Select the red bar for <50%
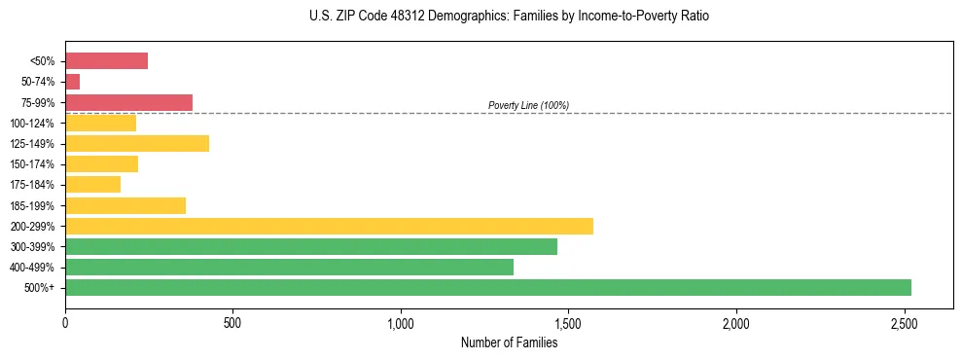pyautogui.click(x=106, y=61)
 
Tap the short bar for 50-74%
pyautogui.click(x=73, y=82)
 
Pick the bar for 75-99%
pyautogui.click(x=128, y=102)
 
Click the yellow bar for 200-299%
pyautogui.click(x=329, y=226)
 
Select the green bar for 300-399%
pyautogui.click(x=311, y=246)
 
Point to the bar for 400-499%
pyautogui.click(x=289, y=267)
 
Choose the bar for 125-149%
pyautogui.click(x=137, y=143)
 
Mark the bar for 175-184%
pyautogui.click(x=92, y=184)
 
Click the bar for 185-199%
pyautogui.click(x=125, y=205)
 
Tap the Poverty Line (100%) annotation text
pyautogui.click(x=528, y=105)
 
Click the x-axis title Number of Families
pyautogui.click(x=510, y=342)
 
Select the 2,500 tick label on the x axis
pyautogui.click(x=904, y=322)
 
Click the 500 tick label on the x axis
pyautogui.click(x=232, y=322)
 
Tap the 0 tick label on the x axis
pyautogui.click(x=65, y=322)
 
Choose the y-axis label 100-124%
pyautogui.click(x=32, y=124)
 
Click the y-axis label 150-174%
pyautogui.click(x=32, y=164)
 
